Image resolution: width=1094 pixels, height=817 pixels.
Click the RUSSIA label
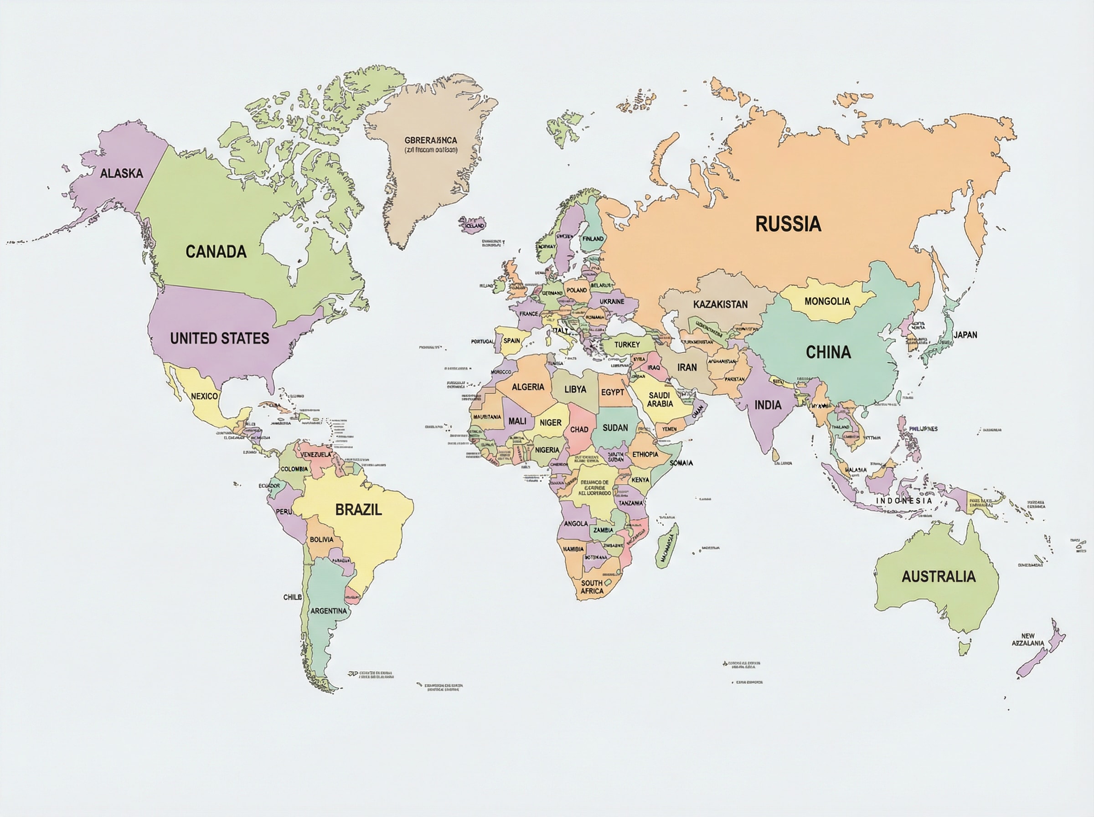click(x=788, y=224)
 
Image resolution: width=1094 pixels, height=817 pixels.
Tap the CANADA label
click(x=216, y=252)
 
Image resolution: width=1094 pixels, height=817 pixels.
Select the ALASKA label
click(x=121, y=173)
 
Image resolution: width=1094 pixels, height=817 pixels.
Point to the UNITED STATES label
click(x=220, y=338)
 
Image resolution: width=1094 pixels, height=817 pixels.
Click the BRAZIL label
click(x=358, y=509)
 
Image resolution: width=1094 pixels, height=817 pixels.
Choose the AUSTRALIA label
click(x=938, y=576)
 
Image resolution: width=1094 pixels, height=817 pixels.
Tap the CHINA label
click(x=828, y=352)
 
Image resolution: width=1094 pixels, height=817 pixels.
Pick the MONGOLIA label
click(x=827, y=301)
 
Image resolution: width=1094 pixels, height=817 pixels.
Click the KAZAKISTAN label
click(x=720, y=304)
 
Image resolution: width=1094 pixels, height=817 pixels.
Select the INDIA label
click(x=768, y=405)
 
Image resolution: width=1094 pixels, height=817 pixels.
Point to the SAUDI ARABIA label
click(x=660, y=399)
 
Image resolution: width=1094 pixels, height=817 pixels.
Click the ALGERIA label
click(x=528, y=387)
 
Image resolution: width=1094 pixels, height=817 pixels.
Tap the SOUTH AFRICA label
click(x=592, y=587)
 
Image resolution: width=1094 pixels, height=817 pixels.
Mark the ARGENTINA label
click(x=328, y=611)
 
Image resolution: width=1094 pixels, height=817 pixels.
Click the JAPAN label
click(x=965, y=335)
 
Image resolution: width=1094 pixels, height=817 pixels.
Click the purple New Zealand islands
click(x=1041, y=653)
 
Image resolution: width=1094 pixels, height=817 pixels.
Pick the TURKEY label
click(x=627, y=345)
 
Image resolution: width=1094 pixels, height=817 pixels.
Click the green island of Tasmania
click(x=965, y=648)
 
